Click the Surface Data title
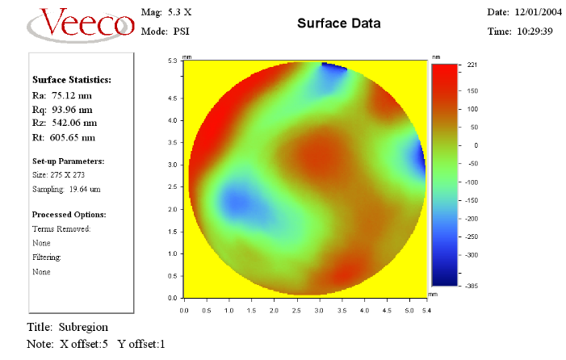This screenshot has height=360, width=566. (x=338, y=23)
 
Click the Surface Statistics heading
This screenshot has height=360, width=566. (x=72, y=79)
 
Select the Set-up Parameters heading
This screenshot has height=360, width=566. (x=69, y=161)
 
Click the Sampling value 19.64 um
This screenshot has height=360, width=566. (x=82, y=189)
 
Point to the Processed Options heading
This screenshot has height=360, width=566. (x=69, y=215)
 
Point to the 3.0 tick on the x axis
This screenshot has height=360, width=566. (x=320, y=309)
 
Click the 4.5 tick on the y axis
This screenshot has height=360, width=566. (x=172, y=98)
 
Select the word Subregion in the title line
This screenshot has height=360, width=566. (x=82, y=327)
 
